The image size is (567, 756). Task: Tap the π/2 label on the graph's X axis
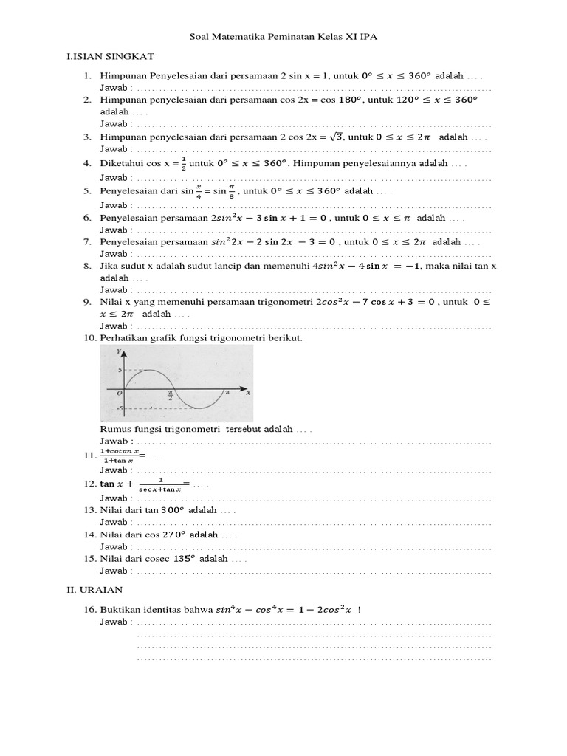[x=170, y=395]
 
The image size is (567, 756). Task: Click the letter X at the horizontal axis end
[x=248, y=394]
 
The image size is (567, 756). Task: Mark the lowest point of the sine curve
[x=196, y=407]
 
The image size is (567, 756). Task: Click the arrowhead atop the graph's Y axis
[x=125, y=354]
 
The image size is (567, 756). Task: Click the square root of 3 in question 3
[x=336, y=137]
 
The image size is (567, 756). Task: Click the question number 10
[x=89, y=338]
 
